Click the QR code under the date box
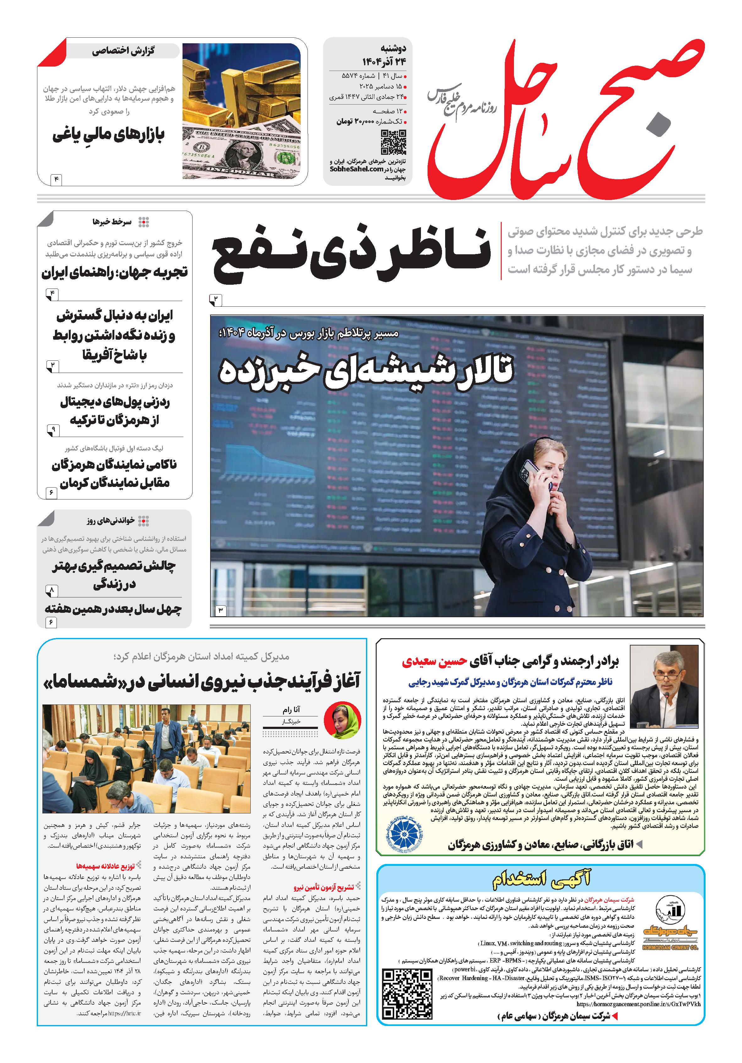(x=393, y=142)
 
